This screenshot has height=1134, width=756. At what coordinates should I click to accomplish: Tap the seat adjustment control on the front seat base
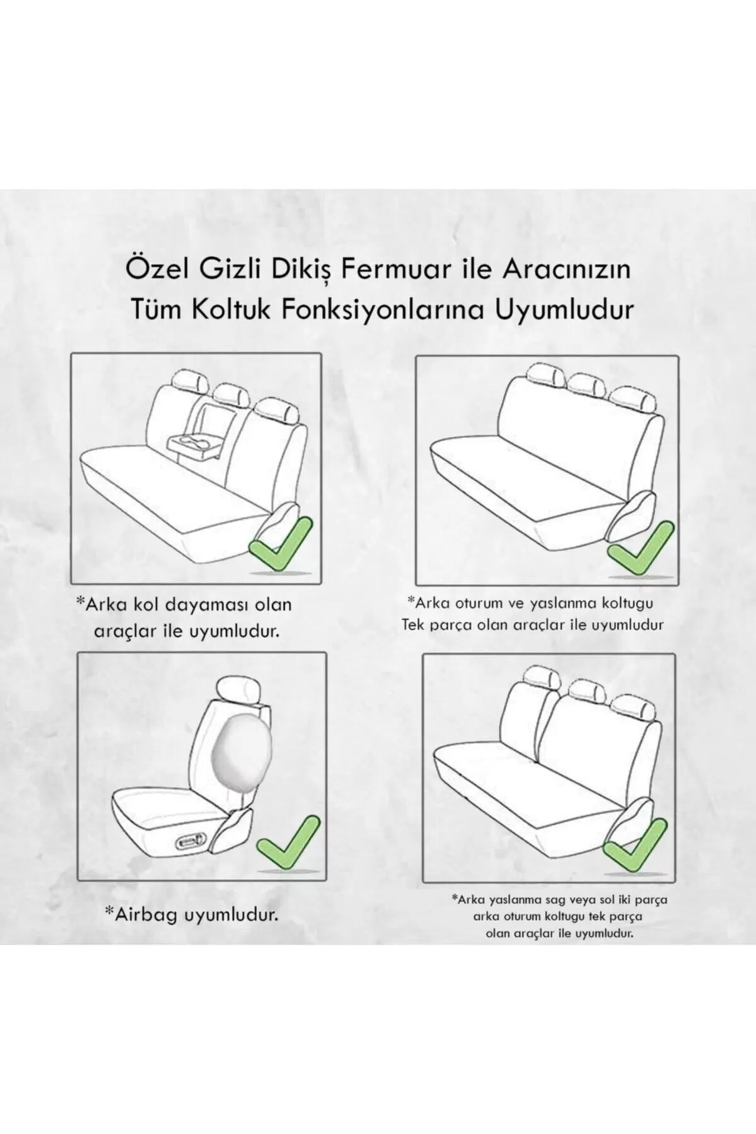192,840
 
